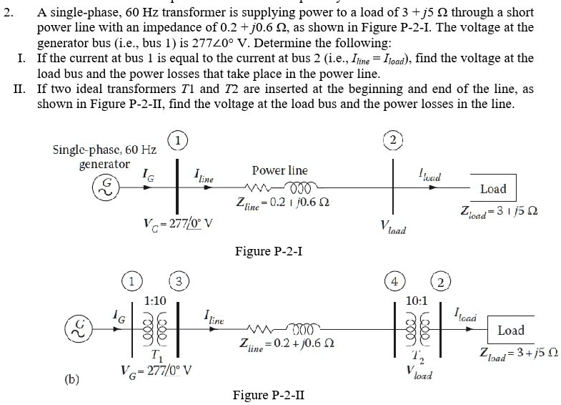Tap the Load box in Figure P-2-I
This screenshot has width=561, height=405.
[493, 189]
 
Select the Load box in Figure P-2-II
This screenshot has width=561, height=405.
[511, 331]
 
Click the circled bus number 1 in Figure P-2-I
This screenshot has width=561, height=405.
[176, 140]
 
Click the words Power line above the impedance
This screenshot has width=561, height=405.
[279, 171]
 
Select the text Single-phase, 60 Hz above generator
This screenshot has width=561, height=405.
[105, 150]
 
